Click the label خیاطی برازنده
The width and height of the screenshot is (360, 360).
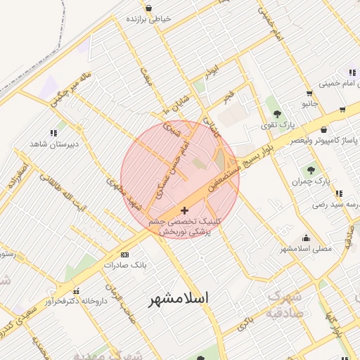(148, 20)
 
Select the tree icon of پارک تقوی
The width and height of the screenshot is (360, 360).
(278, 112)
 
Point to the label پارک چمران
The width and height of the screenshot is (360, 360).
(313, 181)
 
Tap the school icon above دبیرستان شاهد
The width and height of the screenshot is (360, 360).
(53, 132)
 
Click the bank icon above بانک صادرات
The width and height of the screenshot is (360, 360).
(125, 255)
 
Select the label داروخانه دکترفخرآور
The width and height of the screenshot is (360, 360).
(70, 302)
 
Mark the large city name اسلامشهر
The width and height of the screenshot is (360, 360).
(179, 298)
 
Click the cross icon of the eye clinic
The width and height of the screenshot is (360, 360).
(185, 210)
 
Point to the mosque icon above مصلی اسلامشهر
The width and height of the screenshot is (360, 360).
(306, 238)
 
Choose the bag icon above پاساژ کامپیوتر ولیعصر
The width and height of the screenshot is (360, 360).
(323, 129)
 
